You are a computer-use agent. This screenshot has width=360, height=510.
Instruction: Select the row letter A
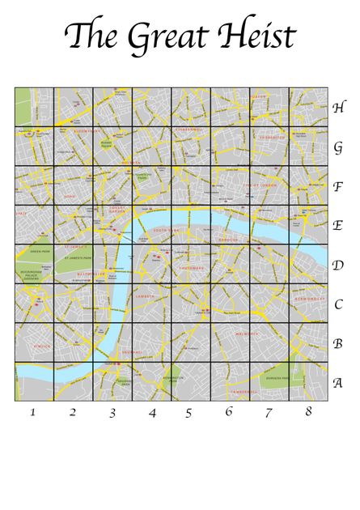[x=337, y=383]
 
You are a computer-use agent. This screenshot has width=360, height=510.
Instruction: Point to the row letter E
[x=337, y=225]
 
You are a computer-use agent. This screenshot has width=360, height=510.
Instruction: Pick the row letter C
[x=337, y=304]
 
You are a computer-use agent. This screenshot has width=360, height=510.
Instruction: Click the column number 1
[x=33, y=412]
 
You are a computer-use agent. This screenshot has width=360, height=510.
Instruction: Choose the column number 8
[x=308, y=411]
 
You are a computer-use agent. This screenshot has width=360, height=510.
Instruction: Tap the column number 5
[x=188, y=413]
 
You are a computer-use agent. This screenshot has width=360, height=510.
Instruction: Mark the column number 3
[x=112, y=413]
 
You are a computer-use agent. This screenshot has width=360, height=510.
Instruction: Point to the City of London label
[x=260, y=185]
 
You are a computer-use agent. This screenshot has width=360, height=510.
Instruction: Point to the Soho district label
[x=70, y=195]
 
